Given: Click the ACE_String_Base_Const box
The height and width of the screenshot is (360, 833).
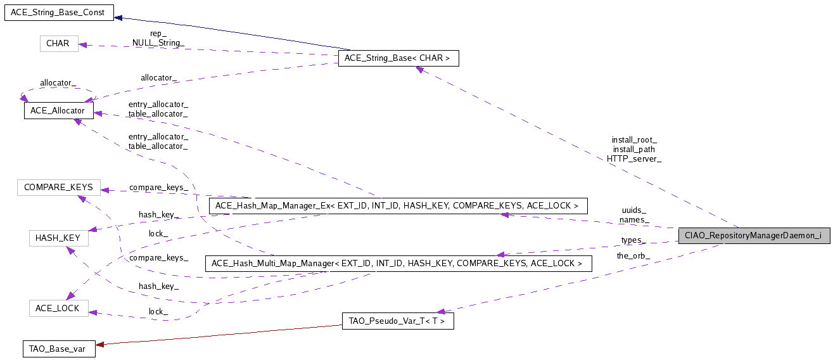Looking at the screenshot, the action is [59, 13].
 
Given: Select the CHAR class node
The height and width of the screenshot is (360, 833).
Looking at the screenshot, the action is [59, 44].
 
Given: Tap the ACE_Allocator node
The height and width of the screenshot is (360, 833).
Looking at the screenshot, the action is [59, 111].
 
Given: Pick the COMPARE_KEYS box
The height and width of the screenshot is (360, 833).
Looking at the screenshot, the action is [59, 187].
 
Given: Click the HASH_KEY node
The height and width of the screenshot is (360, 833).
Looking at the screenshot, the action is [59, 238].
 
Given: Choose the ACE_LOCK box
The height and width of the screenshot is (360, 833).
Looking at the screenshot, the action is [59, 308].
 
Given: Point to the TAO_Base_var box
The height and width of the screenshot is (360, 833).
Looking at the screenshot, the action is [59, 349].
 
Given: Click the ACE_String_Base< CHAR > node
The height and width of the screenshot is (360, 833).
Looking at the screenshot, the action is [398, 58].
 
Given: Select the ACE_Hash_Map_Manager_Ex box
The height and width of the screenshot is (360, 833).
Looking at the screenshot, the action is [398, 206].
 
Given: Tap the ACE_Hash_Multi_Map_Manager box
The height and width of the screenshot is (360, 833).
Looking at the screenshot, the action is [398, 264].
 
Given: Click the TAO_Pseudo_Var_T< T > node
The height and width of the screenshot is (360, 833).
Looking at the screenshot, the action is [398, 321].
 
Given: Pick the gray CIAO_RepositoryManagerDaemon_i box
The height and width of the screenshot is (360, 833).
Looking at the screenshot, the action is [754, 236].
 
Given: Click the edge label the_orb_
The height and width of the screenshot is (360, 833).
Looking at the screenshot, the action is [633, 256].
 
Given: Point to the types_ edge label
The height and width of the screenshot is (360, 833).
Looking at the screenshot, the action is [633, 240].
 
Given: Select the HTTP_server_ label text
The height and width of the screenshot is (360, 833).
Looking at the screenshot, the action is [634, 159].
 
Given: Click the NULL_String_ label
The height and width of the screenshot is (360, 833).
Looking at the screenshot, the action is [158, 42].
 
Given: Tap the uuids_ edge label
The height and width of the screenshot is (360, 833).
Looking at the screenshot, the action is [634, 210].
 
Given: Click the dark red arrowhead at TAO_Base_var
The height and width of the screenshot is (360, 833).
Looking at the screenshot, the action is [99, 345].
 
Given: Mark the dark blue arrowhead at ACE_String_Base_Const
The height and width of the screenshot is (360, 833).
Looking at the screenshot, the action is [118, 18].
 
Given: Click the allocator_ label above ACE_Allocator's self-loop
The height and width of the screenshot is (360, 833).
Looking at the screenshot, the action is [58, 83].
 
